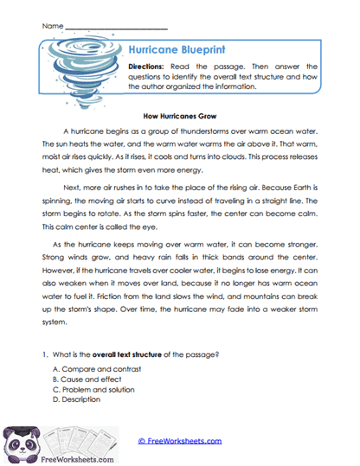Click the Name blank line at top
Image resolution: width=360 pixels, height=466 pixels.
coord(117,28)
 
